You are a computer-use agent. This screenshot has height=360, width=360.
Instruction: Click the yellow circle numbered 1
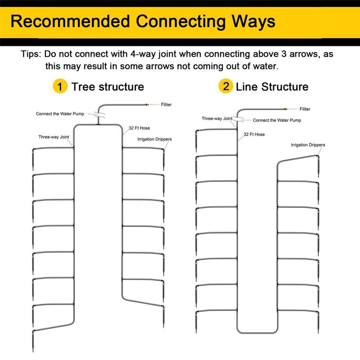pyautogui.click(x=60, y=86)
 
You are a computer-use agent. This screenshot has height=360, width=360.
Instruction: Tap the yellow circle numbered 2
pyautogui.click(x=226, y=86)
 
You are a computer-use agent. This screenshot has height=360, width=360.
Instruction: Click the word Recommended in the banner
pyautogui.click(x=70, y=22)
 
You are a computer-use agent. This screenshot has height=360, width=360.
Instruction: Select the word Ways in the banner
pyautogui.click(x=253, y=22)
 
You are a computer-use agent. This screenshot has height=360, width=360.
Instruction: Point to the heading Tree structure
pyautogui.click(x=108, y=87)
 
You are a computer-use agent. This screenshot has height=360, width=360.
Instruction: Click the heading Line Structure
pyautogui.click(x=272, y=87)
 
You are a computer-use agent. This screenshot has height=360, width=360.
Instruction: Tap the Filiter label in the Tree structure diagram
pyautogui.click(x=166, y=105)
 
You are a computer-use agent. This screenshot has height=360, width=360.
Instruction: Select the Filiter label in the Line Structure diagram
pyautogui.click(x=305, y=109)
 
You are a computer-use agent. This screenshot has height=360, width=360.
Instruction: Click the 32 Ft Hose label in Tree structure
pyautogui.click(x=139, y=128)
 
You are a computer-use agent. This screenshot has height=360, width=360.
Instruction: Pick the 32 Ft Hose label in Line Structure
pyautogui.click(x=254, y=135)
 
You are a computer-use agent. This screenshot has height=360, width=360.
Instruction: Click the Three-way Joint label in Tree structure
pyautogui.click(x=54, y=137)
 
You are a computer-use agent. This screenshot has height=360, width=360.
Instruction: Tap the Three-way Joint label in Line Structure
pyautogui.click(x=217, y=119)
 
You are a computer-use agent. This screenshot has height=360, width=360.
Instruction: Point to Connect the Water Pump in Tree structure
pyautogui.click(x=60, y=114)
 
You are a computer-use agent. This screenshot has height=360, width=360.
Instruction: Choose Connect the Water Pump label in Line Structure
pyautogui.click(x=277, y=120)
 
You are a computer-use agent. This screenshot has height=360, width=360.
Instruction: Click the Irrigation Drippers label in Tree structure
pyautogui.click(x=154, y=139)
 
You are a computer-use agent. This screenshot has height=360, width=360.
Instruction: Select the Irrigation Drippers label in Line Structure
pyautogui.click(x=308, y=145)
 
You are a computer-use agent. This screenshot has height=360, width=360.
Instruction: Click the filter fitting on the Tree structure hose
pyautogui.click(x=146, y=105)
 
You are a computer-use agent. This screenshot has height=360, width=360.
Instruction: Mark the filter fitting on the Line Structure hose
pyautogui.click(x=285, y=109)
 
